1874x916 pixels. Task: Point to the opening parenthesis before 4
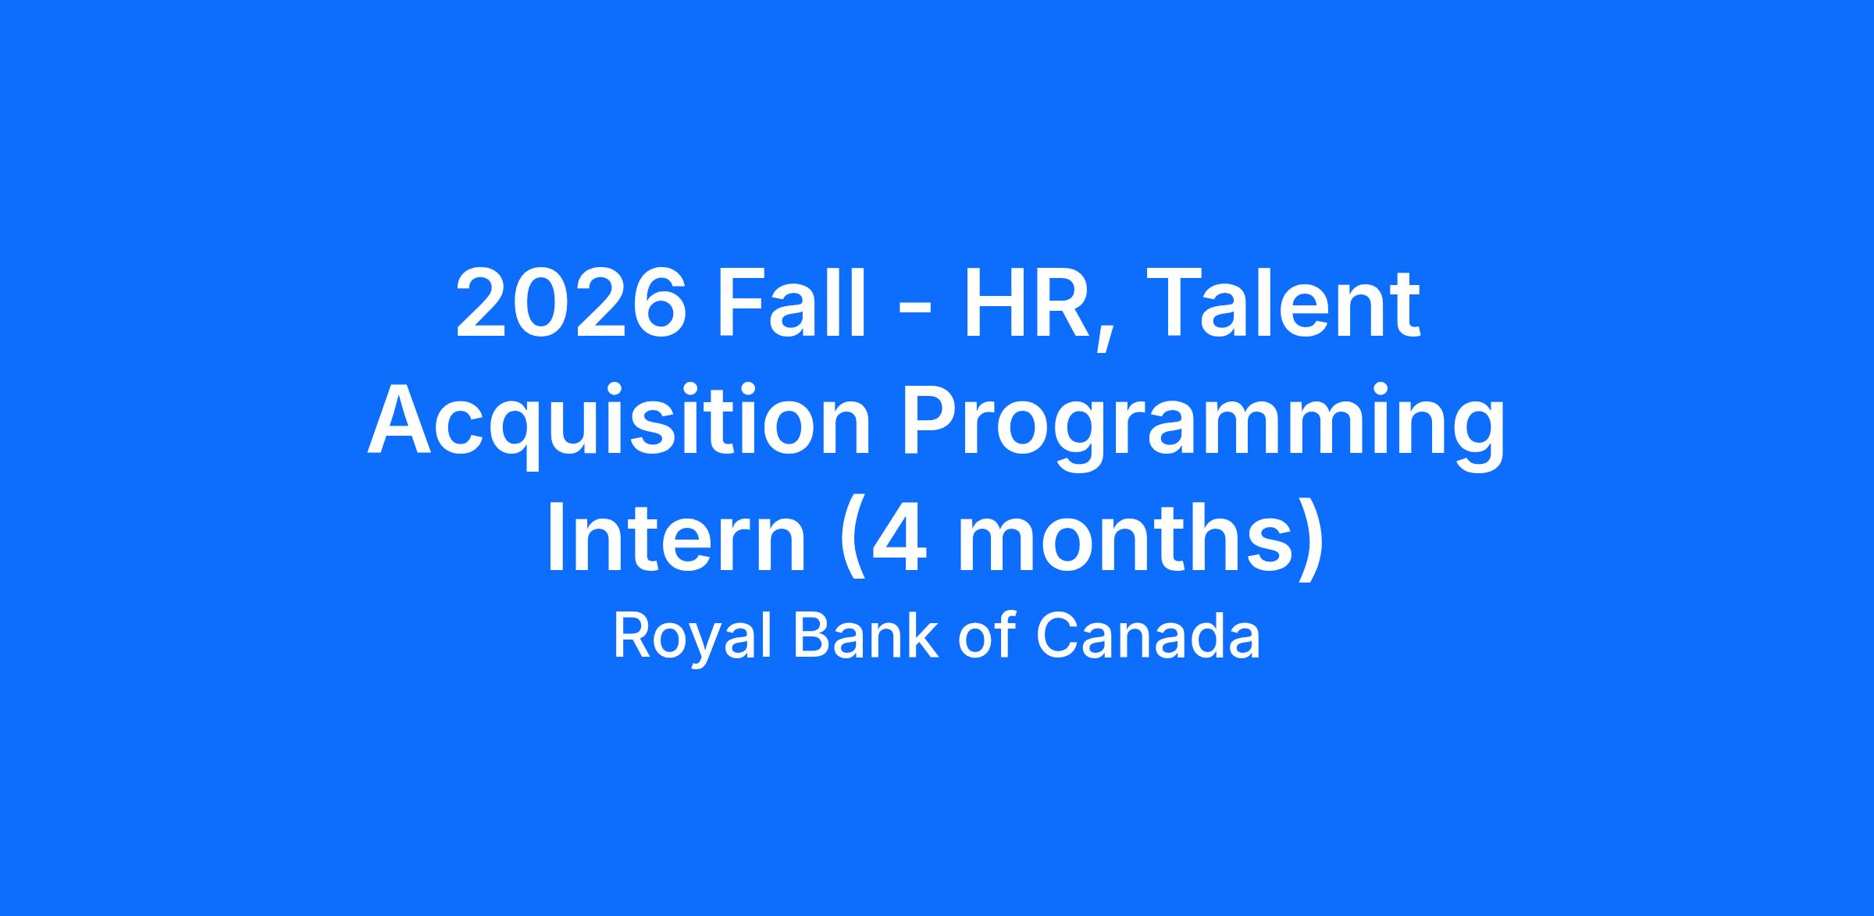pos(851,543)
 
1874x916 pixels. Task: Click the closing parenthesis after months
pos(1312,543)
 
